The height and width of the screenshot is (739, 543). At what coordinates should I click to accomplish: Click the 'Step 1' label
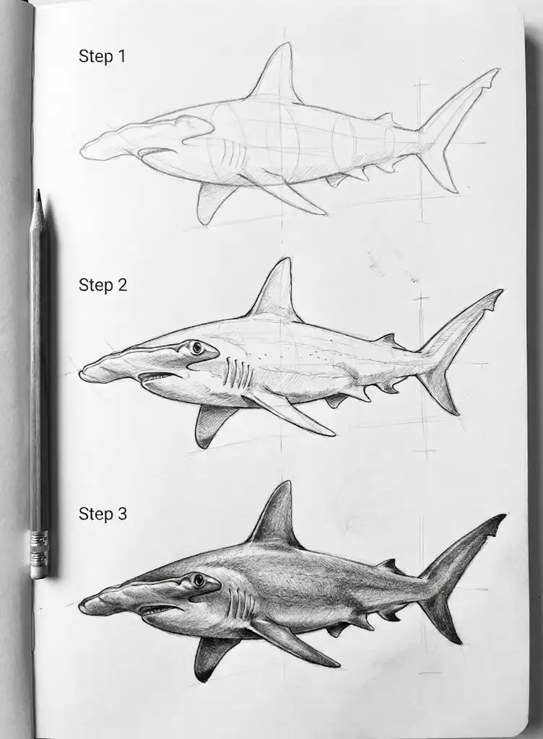coord(102,56)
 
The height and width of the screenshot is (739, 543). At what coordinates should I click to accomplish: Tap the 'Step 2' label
coord(103,285)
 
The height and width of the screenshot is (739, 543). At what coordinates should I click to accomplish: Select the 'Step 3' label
coord(103,514)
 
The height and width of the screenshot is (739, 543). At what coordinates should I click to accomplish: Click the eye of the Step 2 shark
coord(196,349)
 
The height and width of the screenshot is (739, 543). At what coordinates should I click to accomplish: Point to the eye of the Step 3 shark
coord(197,580)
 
